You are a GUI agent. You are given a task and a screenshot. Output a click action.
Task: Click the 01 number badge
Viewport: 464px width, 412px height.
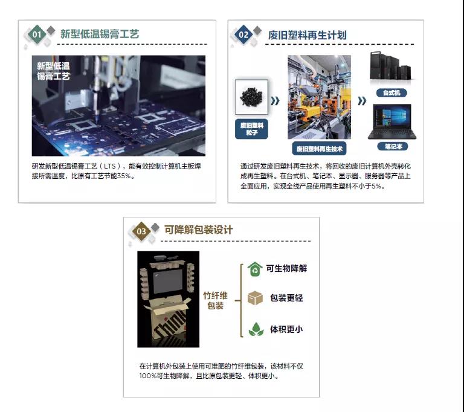(37, 34)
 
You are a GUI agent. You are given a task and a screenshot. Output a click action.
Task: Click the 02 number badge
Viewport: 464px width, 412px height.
(244, 34)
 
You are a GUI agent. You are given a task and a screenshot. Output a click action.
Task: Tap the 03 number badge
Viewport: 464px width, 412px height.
(141, 231)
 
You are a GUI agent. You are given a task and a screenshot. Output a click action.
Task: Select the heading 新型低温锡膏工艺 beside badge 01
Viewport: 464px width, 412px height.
(100, 34)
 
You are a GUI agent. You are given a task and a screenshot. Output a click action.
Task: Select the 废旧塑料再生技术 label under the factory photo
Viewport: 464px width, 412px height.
(320, 148)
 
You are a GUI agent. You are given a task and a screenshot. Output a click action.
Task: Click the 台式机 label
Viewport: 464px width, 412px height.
(391, 93)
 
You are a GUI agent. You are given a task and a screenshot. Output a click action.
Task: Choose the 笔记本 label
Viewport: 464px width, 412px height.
(392, 146)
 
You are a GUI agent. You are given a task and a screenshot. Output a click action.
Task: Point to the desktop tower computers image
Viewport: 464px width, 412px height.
(391, 68)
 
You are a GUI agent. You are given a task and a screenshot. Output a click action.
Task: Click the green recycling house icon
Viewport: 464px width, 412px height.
(255, 268)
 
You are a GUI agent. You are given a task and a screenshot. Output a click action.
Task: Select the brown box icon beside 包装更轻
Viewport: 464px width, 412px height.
(255, 298)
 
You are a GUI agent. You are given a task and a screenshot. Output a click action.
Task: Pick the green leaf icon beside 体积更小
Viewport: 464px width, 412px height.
(256, 329)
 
